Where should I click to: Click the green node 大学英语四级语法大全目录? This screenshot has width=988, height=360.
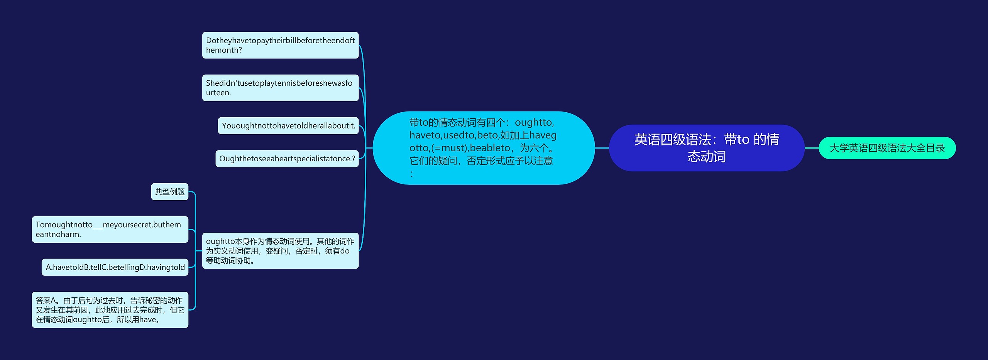tap(887, 148)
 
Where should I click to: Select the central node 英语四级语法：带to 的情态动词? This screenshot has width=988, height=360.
tap(706, 148)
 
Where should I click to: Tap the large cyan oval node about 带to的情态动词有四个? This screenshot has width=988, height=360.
tap(483, 148)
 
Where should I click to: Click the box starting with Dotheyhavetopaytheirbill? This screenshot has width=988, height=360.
tap(280, 45)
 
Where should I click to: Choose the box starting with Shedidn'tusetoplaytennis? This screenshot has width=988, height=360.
tap(280, 88)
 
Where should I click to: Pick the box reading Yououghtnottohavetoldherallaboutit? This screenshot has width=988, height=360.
tap(288, 126)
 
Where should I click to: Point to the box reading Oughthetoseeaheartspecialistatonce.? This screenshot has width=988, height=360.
tap(287, 159)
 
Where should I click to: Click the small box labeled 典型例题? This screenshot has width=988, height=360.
tap(169, 192)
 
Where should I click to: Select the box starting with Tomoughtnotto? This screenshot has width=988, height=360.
tap(110, 229)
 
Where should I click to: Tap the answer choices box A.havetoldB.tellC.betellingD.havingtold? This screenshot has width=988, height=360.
tap(115, 267)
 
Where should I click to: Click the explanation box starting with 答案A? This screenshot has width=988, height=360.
tap(110, 309)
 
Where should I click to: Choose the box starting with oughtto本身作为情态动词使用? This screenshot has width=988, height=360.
tap(280, 250)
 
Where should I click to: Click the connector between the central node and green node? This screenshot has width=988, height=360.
tap(812, 148)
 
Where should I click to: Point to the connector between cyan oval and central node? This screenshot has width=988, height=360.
tap(602, 148)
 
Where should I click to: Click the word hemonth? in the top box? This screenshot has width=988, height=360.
tap(224, 50)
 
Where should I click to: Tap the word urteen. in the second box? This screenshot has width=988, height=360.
tap(218, 93)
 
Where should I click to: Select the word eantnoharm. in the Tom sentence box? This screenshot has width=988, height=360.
tap(58, 234)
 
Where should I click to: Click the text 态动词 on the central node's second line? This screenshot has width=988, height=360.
tap(706, 157)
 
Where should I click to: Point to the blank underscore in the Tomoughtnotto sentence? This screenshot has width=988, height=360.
tap(98, 225)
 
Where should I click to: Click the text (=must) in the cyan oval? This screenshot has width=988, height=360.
tap(449, 148)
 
